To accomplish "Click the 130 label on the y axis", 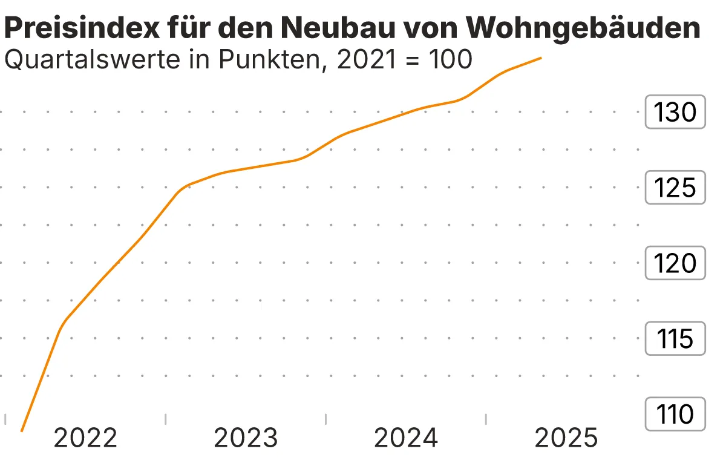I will [676, 112].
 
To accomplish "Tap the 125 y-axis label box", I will [676, 188].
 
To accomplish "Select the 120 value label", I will [676, 263].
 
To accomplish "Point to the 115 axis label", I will [676, 339].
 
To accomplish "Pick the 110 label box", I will [676, 415].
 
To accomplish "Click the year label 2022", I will [85, 438].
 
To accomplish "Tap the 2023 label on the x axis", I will [246, 438].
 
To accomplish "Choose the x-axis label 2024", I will [406, 438].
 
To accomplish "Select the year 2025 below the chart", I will [566, 438].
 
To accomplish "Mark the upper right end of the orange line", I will [540, 58].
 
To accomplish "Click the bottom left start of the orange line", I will [22, 431].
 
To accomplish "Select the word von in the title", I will [428, 28].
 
